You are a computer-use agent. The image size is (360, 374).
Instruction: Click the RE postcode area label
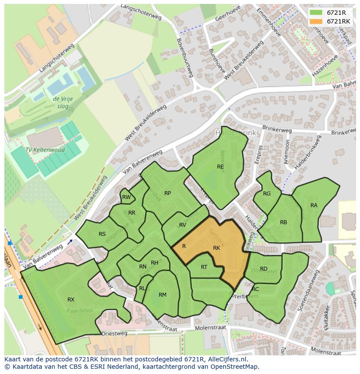220,166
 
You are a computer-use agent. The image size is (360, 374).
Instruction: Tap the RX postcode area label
71,300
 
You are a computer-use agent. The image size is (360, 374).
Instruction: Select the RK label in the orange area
217,248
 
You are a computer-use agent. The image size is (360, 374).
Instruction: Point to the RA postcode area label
313,205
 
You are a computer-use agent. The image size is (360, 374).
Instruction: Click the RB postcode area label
283,222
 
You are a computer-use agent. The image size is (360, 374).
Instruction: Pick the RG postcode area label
267,194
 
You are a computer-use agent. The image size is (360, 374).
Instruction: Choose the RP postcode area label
167,193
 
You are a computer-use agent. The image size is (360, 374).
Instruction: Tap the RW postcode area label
126,197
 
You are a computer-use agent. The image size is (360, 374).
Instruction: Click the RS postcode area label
102,234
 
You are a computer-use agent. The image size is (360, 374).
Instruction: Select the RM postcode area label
162,295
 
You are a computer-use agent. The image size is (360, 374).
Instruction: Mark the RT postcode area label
204,267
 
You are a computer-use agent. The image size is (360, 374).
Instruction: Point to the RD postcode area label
263,269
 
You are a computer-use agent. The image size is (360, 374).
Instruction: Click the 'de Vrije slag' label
63,103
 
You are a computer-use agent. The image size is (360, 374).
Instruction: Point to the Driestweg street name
114,334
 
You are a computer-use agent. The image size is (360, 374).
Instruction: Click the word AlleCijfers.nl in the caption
226,359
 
